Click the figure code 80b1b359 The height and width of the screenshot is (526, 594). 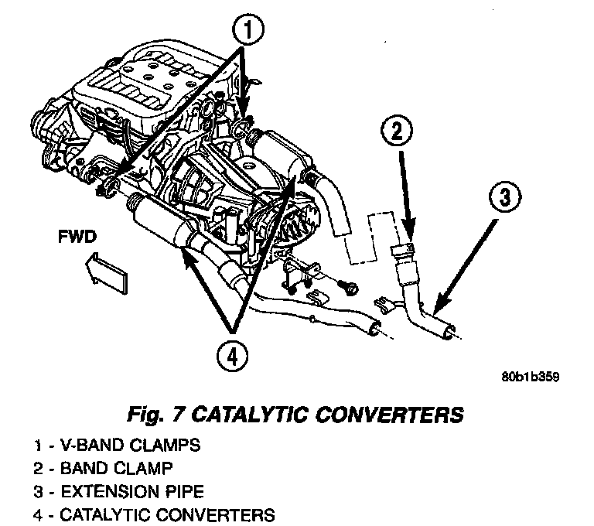(530, 378)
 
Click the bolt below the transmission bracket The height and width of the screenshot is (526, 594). (350, 289)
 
